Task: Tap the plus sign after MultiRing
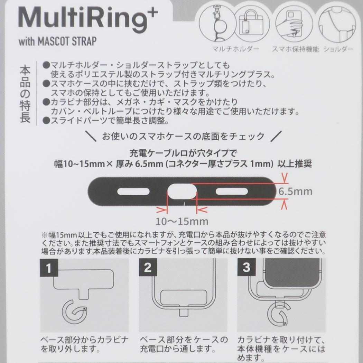[152, 12]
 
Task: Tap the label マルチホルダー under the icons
[236, 49]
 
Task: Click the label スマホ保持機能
[295, 49]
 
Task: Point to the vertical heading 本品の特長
[25, 94]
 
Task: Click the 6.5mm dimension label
[295, 192]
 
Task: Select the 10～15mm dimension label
[182, 222]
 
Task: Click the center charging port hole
[182, 192]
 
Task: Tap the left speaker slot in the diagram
[133, 192]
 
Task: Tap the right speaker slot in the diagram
[232, 192]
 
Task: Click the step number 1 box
[49, 268]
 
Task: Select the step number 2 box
[148, 267]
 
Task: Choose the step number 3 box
[246, 267]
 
